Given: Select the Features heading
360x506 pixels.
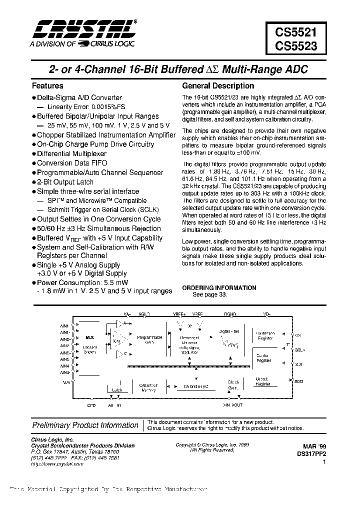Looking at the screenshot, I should pyautogui.click(x=47, y=86).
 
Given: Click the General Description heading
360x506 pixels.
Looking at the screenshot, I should pyautogui.click(x=218, y=86).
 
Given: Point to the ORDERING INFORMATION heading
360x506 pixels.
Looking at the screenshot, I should pyautogui.click(x=219, y=288).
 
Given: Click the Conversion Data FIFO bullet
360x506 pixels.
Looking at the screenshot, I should pyautogui.click(x=72, y=163).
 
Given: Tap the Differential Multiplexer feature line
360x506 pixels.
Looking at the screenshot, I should pyautogui.click(x=71, y=153).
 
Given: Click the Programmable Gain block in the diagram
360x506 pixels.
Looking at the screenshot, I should pyautogui.click(x=149, y=340).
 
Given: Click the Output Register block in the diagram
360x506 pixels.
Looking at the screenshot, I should pyautogui.click(x=263, y=381).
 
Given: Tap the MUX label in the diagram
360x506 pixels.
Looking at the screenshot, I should pyautogui.click(x=89, y=338).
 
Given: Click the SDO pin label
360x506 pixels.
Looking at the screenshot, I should pyautogui.click(x=298, y=381).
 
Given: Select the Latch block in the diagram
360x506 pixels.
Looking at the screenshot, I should pyautogui.click(x=117, y=389).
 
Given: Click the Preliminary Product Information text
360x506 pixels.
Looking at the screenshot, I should pyautogui.click(x=85, y=425).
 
